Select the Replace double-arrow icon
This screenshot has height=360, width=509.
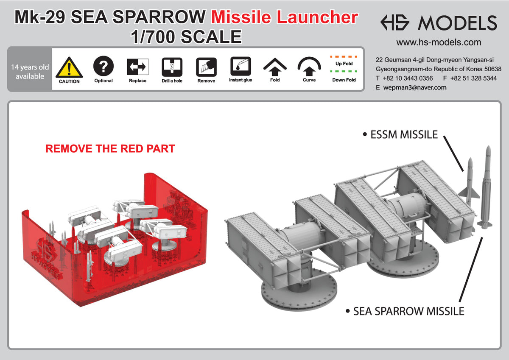pos(137,67)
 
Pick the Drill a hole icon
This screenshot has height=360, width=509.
pos(172,67)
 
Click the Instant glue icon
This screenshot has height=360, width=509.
pos(241,66)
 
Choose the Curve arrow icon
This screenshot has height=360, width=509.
pos(309,66)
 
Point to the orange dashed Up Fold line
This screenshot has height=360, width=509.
pos(344,56)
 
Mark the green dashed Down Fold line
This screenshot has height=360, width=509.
pos(344,71)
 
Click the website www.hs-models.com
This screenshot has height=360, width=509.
pos(439,42)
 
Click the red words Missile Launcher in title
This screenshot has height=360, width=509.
pos(284,17)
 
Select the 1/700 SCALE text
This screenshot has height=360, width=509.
pos(186,37)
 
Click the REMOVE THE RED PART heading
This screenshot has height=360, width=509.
pos(110,149)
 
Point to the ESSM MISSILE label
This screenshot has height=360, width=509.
pos(400,135)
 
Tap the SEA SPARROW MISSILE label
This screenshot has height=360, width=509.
pos(408,312)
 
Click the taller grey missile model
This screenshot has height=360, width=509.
pos(486,187)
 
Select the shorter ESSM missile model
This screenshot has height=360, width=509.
pos(470,179)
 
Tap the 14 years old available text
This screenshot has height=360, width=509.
pos(30,72)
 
